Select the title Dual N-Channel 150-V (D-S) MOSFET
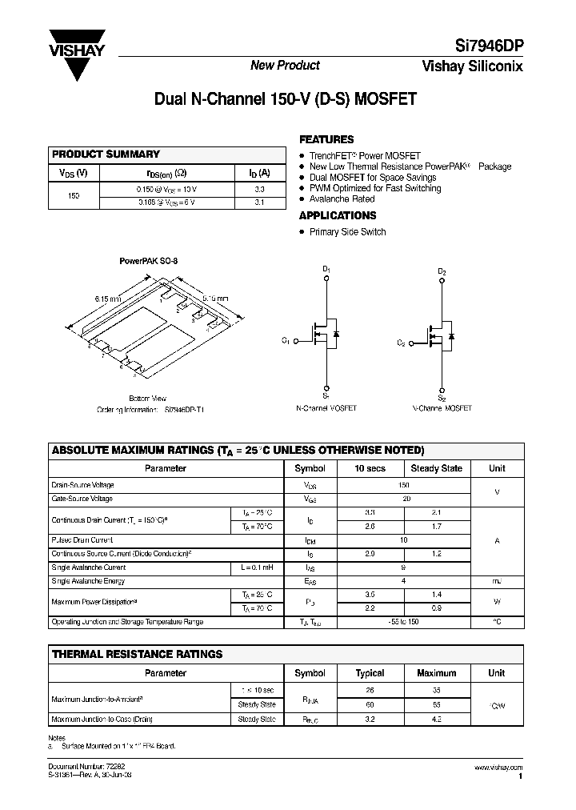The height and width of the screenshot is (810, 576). pos(286,100)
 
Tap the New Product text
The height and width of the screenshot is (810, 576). pos(285,66)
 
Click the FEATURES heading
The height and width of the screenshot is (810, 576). pos(326,138)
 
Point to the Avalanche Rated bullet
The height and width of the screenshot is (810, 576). pos(342,198)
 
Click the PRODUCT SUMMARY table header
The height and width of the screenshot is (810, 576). pos(106,154)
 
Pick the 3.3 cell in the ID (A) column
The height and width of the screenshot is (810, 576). pos(259,190)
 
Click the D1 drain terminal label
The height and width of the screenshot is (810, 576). pos(326,270)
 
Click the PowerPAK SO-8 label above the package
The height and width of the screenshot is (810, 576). pos(149,261)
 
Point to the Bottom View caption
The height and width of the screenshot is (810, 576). pos(147,398)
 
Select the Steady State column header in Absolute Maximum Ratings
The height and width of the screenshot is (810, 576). pos(436,468)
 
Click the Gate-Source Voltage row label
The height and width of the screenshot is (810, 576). pos(82,499)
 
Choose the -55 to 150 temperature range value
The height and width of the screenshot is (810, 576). pos(404,622)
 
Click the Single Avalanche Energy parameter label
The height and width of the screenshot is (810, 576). pos(88,581)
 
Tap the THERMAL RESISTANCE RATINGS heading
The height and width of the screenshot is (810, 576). pos(137,654)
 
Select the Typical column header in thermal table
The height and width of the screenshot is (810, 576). pos(370,673)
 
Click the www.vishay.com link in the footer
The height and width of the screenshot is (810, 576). pos(499,768)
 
